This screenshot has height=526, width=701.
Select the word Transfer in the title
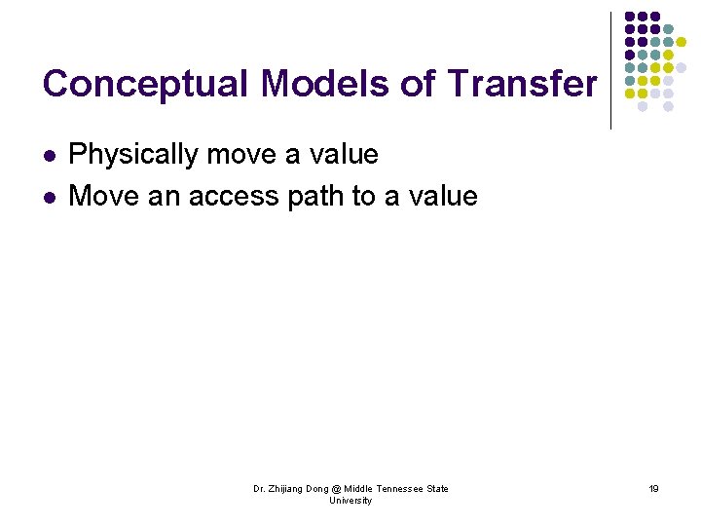point(522,85)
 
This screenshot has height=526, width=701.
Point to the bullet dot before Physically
point(50,156)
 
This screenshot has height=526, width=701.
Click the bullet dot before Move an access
point(50,198)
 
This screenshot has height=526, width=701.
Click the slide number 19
point(653,489)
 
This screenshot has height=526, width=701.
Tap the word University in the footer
point(350,501)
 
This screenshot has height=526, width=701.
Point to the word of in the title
point(419,85)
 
